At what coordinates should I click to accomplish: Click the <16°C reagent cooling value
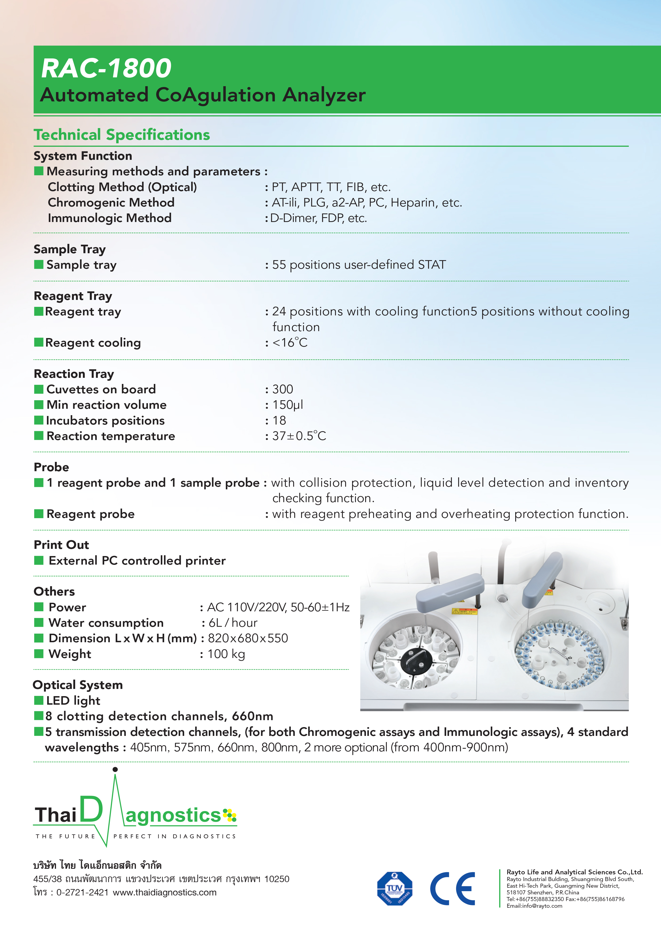point(289,342)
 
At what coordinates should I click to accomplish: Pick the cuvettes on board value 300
point(283,389)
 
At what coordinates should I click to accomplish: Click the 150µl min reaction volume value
point(288,405)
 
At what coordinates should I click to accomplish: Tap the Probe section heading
point(51,467)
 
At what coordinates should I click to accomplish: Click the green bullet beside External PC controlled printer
point(39,561)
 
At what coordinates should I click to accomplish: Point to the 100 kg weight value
point(226,654)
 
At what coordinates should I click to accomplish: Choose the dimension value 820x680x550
point(248,638)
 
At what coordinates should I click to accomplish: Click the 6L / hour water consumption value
point(233,623)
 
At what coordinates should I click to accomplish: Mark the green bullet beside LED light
point(39,700)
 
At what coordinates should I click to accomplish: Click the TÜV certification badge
point(394,889)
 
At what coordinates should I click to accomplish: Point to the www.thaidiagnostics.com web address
point(164,893)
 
